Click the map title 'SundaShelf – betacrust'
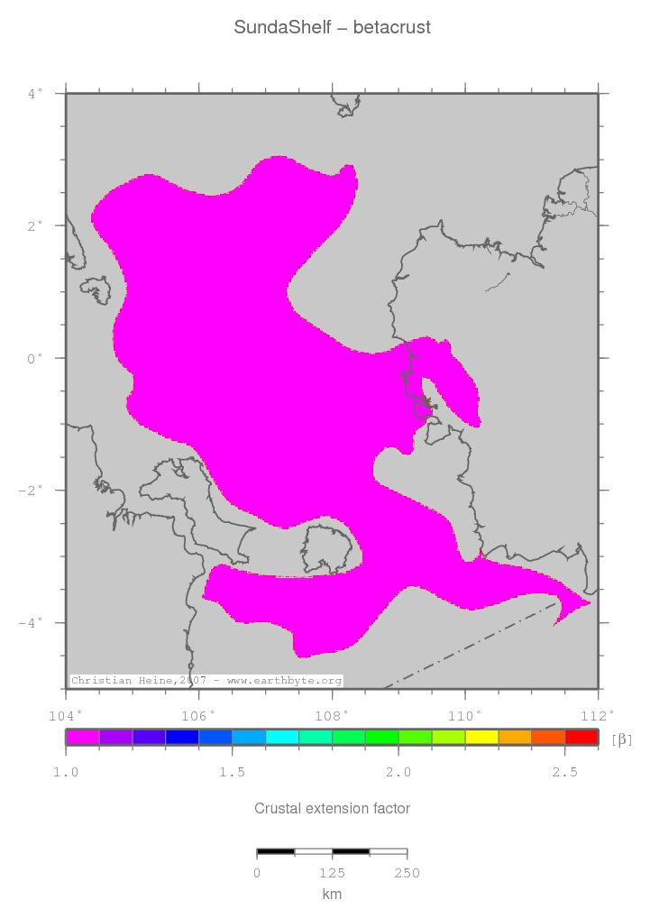(x=333, y=28)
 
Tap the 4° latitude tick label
(x=35, y=93)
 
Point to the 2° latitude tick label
(x=35, y=225)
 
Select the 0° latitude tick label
(x=35, y=358)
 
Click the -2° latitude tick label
(x=32, y=491)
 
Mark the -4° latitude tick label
(x=32, y=623)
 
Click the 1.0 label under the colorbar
(x=66, y=773)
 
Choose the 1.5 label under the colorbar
(x=232, y=773)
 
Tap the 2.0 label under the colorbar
(x=398, y=773)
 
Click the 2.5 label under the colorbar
(x=564, y=773)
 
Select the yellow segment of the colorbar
(x=481, y=738)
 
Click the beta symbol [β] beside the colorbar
(x=622, y=739)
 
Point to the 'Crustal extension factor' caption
(x=332, y=809)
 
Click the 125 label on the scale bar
(x=332, y=873)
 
